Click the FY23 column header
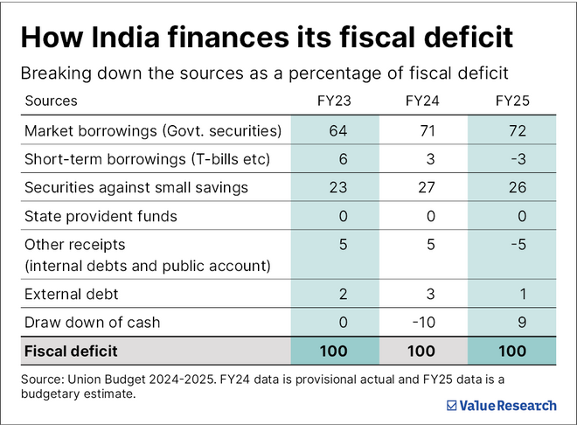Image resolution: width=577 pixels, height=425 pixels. click(x=334, y=101)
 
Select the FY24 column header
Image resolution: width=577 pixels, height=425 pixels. click(x=423, y=101)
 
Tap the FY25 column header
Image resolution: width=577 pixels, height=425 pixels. click(x=513, y=101)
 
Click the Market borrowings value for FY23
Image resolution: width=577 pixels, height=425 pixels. click(x=338, y=131)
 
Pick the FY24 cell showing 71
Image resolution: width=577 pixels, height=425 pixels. click(x=428, y=131)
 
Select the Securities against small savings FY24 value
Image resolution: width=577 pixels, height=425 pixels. click(x=428, y=186)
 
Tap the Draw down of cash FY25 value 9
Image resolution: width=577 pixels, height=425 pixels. click(x=521, y=323)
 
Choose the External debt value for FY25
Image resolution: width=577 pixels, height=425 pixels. click(x=521, y=295)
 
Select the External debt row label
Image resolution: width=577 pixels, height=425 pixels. click(x=72, y=295)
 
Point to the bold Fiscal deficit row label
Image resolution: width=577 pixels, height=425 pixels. click(x=72, y=352)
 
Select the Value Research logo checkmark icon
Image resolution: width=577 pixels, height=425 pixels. click(x=451, y=406)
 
